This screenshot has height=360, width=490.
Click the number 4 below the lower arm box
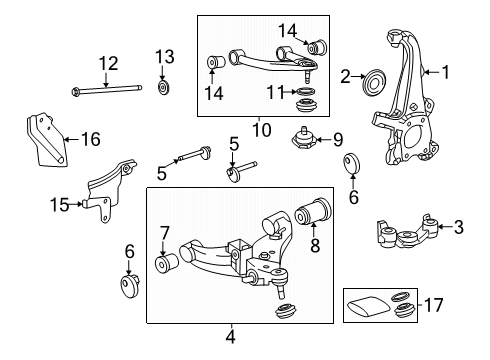pyautogui.click(x=230, y=337)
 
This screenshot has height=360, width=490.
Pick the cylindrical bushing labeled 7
pyautogui.click(x=167, y=267)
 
